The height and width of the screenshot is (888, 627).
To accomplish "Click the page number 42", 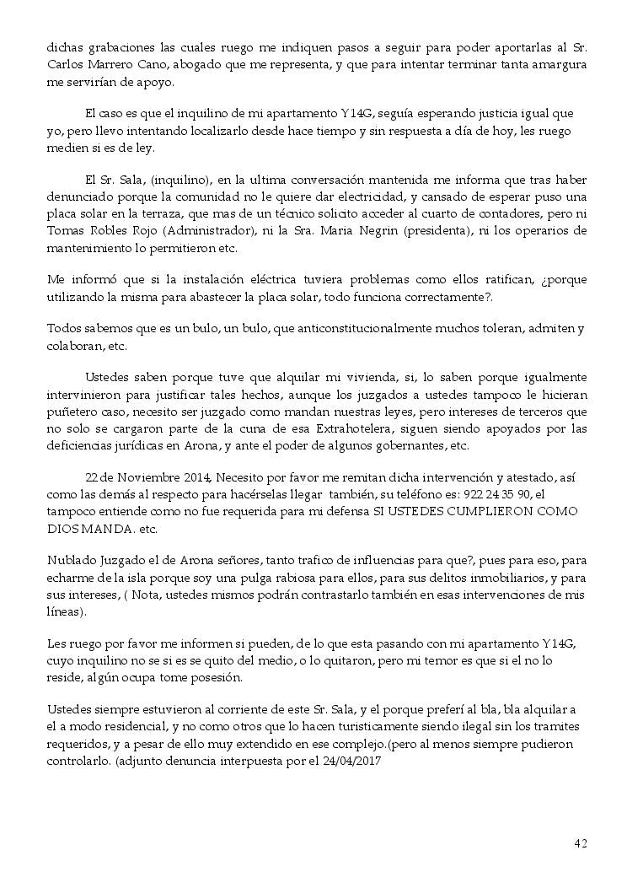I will (x=581, y=843).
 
